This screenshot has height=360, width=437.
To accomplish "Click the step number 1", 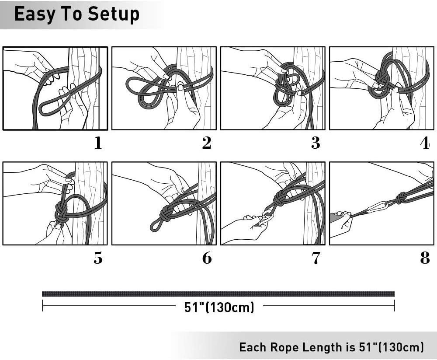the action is (98, 143).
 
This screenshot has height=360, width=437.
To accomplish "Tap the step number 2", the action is (207, 143).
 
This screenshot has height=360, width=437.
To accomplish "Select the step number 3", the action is (316, 143).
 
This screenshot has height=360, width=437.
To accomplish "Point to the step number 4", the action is (425, 143).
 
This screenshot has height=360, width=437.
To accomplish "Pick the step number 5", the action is (98, 258).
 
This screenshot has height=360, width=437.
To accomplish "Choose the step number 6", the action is (207, 258).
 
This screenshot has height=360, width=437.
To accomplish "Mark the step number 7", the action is (316, 258).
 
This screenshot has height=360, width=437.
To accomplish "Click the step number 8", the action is (425, 258).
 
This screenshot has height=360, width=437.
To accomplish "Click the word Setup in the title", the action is (114, 15).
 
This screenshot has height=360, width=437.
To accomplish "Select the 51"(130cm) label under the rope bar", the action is (219, 307).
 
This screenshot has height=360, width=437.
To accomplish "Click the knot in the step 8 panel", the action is (401, 198).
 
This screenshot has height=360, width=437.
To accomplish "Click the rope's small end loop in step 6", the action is (154, 225).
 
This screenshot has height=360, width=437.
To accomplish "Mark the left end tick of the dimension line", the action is (42, 306).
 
